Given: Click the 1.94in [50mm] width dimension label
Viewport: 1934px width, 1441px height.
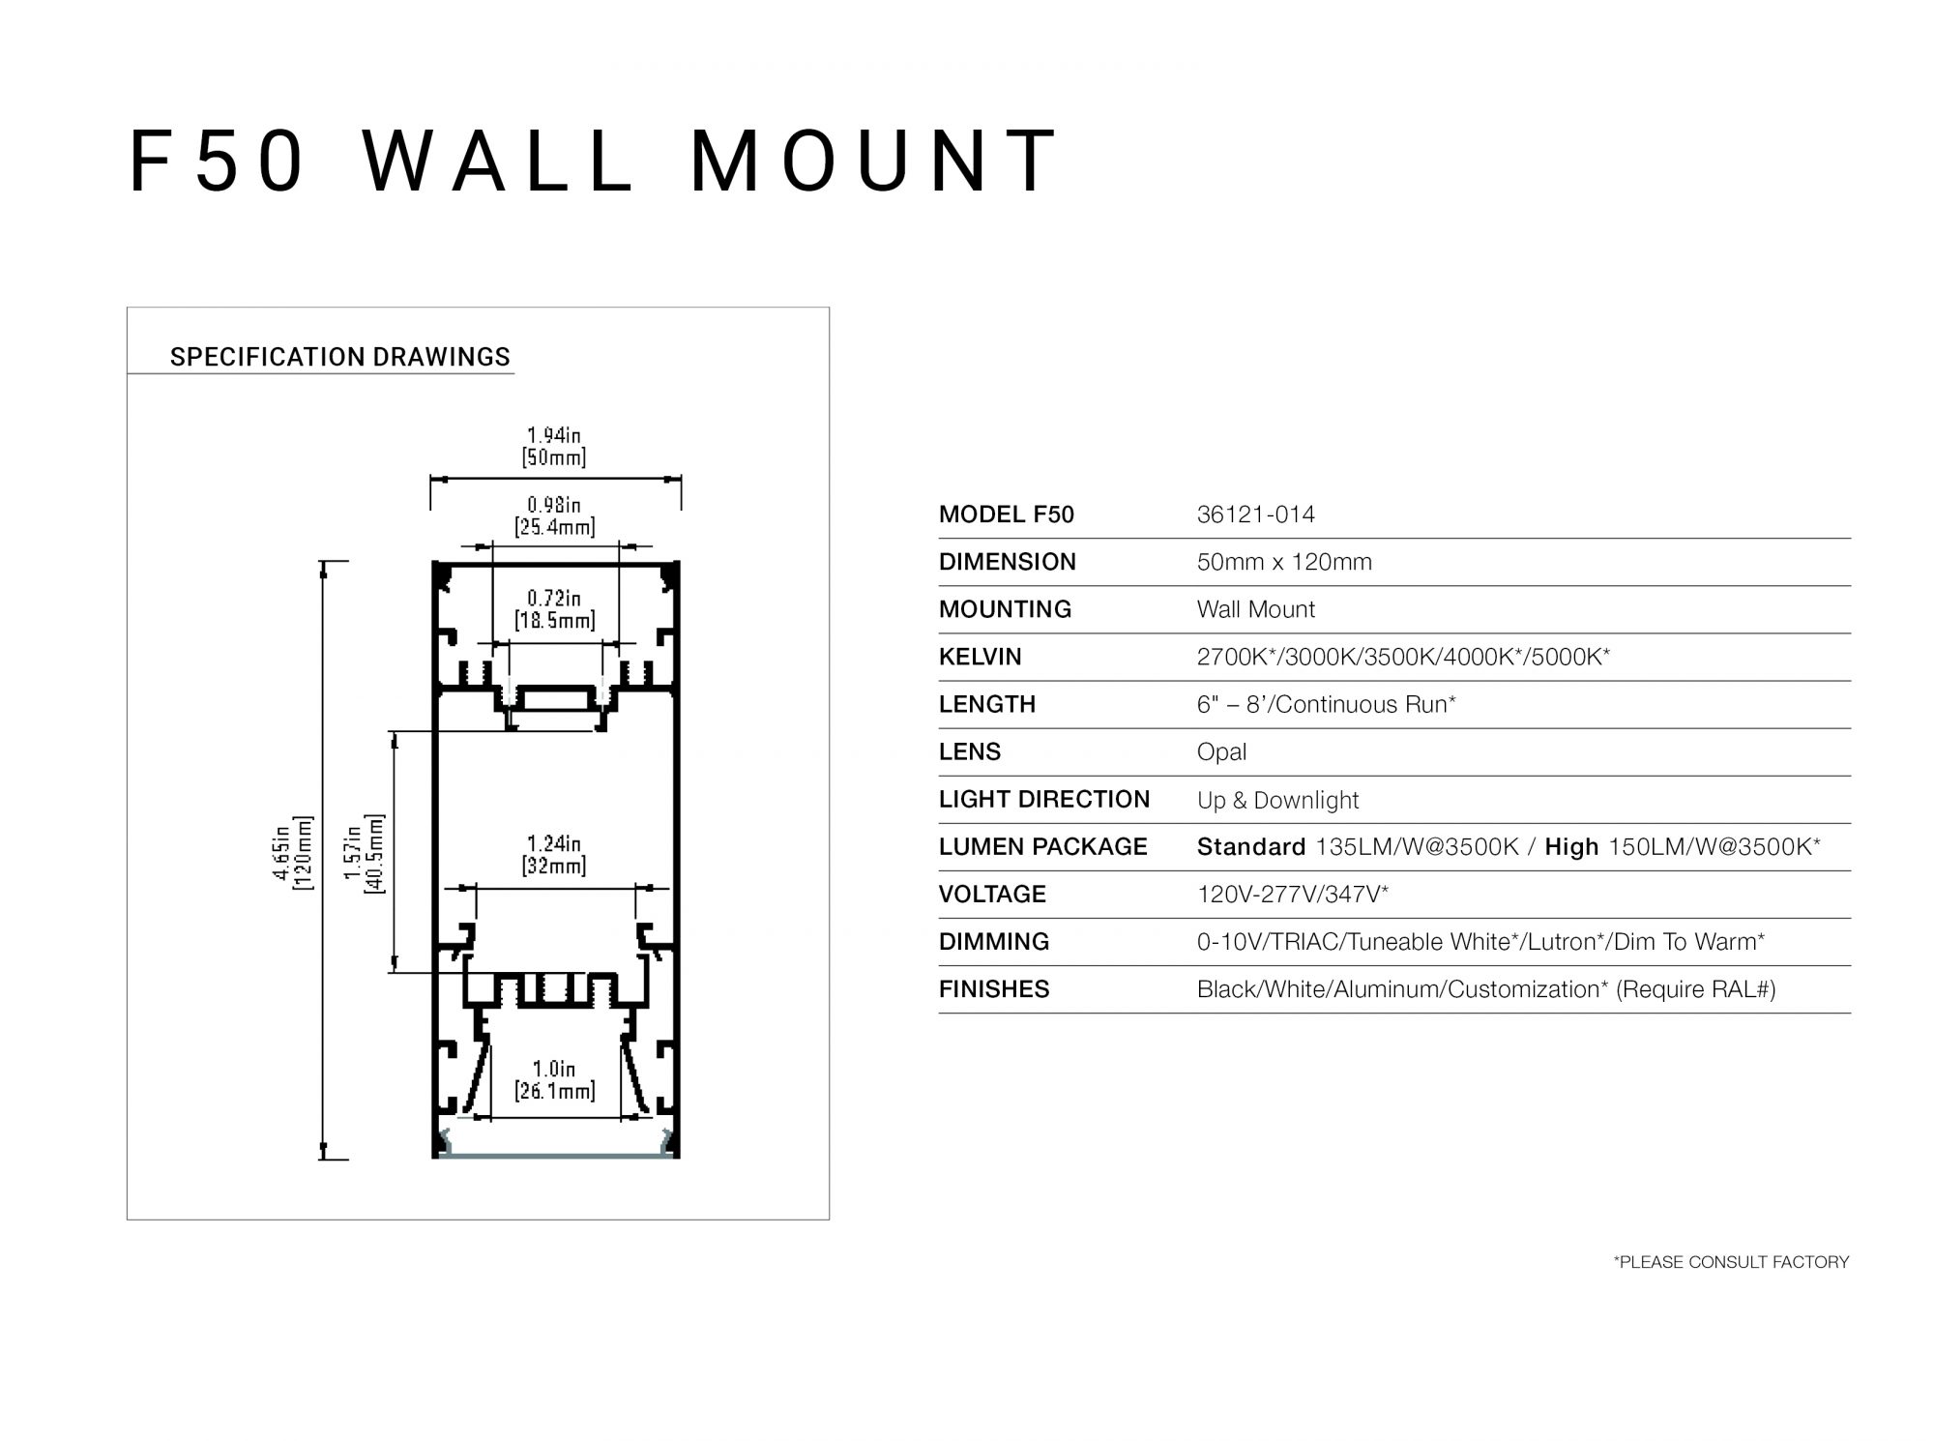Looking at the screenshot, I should [554, 446].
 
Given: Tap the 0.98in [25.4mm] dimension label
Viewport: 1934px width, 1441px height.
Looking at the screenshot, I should [554, 515].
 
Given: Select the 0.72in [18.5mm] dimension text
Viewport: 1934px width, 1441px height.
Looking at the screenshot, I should [554, 609].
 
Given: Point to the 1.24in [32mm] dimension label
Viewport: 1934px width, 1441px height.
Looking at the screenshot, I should [554, 855].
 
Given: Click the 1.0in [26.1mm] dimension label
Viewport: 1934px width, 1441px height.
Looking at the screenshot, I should [554, 1080].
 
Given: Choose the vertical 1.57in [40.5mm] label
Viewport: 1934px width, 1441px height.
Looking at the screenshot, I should [364, 852].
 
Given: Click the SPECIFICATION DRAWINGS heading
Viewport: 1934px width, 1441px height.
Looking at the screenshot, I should [339, 357].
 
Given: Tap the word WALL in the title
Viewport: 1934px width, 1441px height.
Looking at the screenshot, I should [499, 162].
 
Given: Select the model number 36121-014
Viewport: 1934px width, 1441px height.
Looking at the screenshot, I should [1255, 515].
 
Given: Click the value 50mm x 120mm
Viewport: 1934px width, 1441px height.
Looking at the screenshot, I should [1284, 562].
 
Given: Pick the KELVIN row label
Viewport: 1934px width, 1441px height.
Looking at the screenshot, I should [980, 657].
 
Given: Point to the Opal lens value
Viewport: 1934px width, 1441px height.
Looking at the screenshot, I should [1221, 751].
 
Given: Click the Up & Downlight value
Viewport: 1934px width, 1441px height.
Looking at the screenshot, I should [1277, 800].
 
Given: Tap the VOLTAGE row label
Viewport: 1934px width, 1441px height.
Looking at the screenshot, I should [992, 894].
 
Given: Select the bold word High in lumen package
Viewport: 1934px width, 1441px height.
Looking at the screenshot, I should [1571, 847].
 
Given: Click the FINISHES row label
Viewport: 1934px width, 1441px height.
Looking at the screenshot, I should [994, 989].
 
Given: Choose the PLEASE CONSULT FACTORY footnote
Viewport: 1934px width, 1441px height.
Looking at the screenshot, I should [1731, 1262].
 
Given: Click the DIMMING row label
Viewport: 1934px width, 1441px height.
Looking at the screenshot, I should [994, 942].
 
